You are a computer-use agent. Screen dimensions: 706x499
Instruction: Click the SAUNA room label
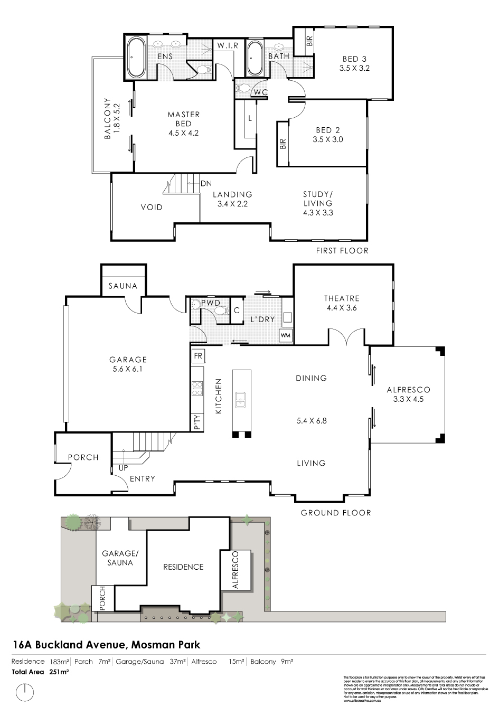[123, 286]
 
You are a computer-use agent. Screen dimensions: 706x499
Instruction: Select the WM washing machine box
[286, 335]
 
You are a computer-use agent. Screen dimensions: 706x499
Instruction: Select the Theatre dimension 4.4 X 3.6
[342, 307]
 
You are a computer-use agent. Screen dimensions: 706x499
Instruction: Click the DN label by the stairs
[206, 184]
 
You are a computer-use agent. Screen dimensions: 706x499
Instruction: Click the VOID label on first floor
[152, 207]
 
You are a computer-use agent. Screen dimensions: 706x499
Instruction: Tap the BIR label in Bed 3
[309, 41]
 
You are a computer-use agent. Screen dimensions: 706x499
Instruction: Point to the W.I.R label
[228, 46]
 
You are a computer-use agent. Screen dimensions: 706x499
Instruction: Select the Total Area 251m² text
[41, 672]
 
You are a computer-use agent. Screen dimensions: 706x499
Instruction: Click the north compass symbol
[25, 691]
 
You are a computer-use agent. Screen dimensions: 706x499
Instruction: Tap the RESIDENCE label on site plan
[183, 567]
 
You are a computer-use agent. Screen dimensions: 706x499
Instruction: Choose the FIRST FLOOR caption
[342, 250]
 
